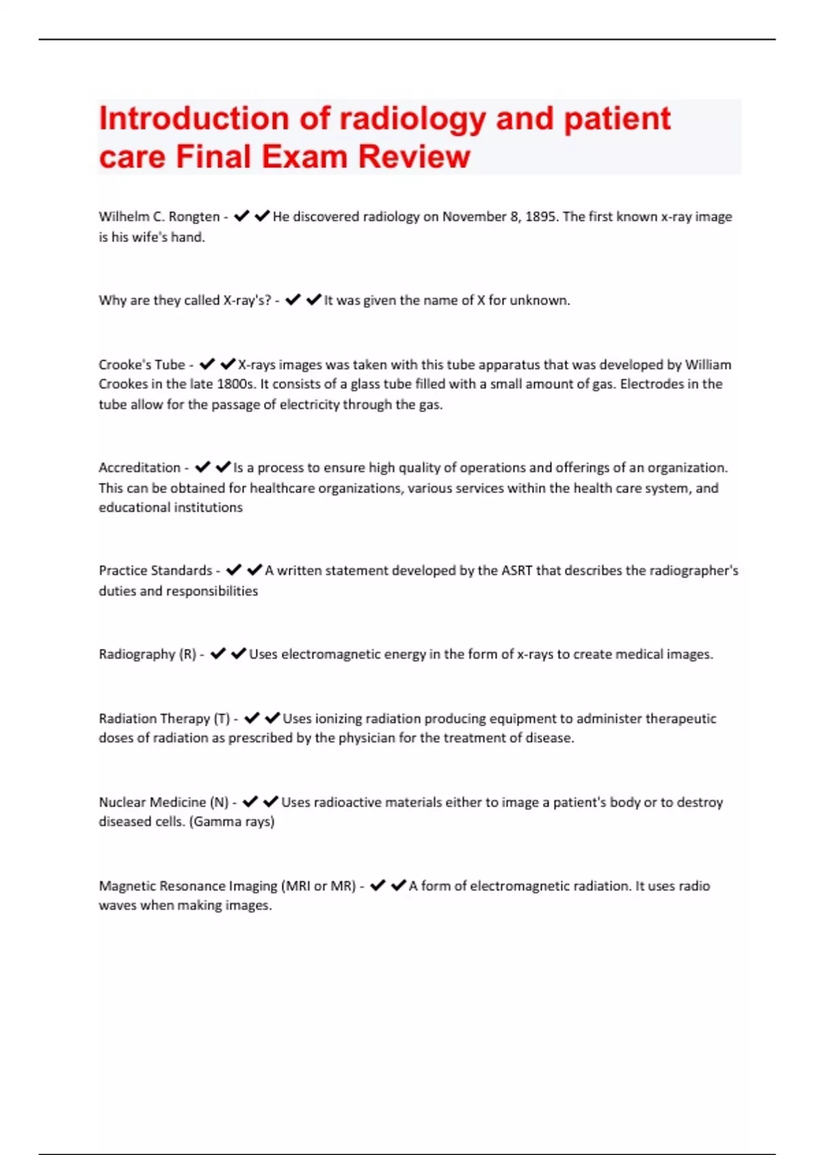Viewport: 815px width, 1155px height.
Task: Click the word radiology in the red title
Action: [x=412, y=120]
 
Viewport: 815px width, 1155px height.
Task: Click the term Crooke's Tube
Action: [x=141, y=365]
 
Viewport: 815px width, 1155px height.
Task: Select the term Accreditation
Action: [x=139, y=467]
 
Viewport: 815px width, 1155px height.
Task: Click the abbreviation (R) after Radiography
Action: [x=187, y=654]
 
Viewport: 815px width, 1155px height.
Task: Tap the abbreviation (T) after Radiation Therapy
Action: [x=221, y=719]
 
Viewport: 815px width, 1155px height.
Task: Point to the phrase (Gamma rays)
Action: [x=232, y=821]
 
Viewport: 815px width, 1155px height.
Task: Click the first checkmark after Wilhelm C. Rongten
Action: [x=241, y=217]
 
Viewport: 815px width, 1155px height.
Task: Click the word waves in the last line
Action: [x=117, y=906]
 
